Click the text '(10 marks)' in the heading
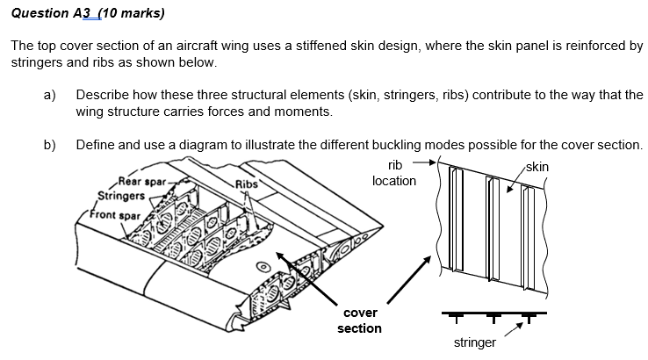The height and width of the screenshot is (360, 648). pos(131,14)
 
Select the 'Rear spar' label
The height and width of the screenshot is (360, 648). pos(139,182)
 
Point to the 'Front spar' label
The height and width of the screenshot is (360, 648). pos(118,215)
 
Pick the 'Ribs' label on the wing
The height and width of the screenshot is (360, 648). pos(247,184)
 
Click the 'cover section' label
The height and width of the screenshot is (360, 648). pos(360,320)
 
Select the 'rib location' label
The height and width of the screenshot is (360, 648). pos(394,173)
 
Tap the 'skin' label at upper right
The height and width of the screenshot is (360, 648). pos(537,166)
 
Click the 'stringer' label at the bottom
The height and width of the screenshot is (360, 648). pos(475,342)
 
